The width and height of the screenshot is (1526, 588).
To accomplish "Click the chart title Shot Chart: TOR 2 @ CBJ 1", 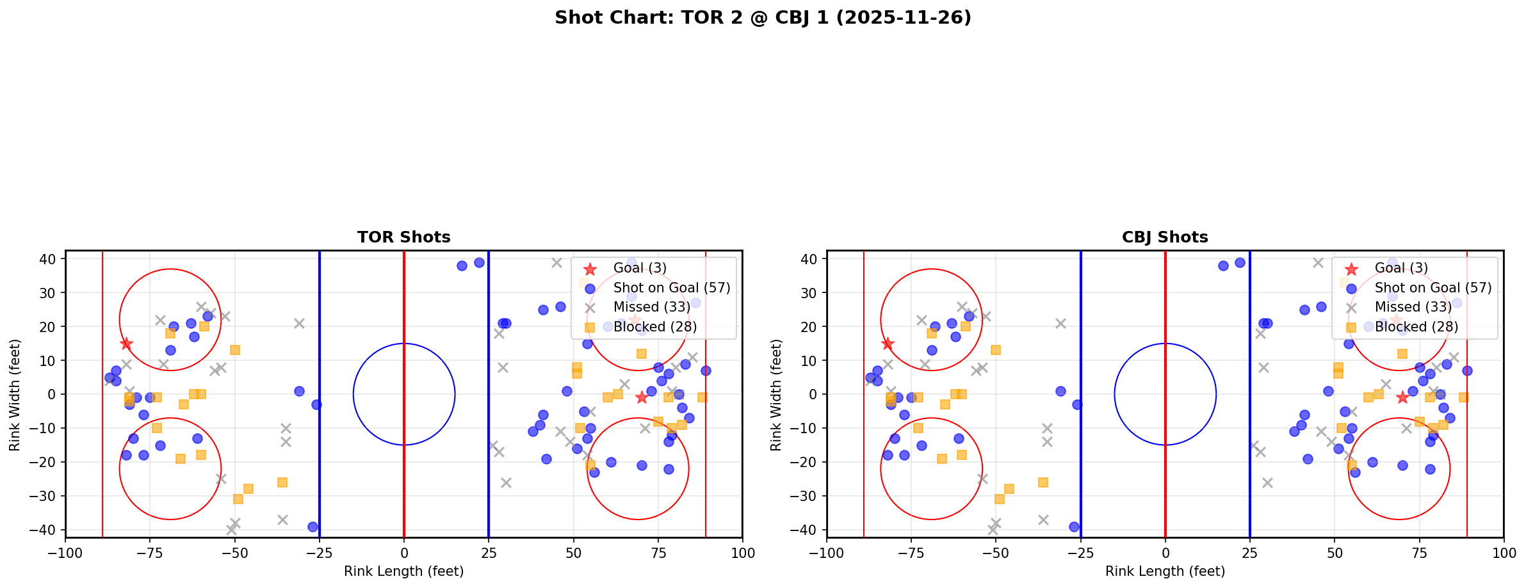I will click(x=763, y=18).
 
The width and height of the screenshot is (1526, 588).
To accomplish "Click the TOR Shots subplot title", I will click(x=403, y=237).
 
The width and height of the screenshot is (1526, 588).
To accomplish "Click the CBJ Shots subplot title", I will click(x=1165, y=237).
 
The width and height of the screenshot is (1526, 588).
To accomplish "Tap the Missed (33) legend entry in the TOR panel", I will click(x=651, y=308).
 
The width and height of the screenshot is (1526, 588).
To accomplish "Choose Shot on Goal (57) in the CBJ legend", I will click(x=1433, y=288).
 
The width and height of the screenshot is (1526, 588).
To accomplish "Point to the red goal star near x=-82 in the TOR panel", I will click(x=126, y=344).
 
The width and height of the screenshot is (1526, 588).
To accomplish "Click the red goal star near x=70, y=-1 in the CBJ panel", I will click(x=1402, y=397).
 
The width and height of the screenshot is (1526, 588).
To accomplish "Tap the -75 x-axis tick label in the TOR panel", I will click(x=150, y=553).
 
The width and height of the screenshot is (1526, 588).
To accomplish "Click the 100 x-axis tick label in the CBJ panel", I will click(x=1504, y=553).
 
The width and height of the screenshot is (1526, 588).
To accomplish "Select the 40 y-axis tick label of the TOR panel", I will click(x=49, y=259).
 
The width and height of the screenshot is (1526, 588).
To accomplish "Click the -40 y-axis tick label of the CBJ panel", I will click(x=807, y=530).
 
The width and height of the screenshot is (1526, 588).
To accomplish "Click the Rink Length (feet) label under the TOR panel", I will click(x=403, y=571).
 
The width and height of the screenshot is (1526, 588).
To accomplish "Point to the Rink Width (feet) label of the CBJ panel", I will click(x=776, y=394).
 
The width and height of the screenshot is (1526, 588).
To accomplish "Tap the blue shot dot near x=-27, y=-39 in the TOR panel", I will click(x=313, y=527).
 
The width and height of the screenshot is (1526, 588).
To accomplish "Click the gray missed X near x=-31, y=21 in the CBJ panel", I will click(x=1060, y=323).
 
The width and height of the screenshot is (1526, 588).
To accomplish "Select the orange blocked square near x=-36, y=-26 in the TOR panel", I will click(x=282, y=482).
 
